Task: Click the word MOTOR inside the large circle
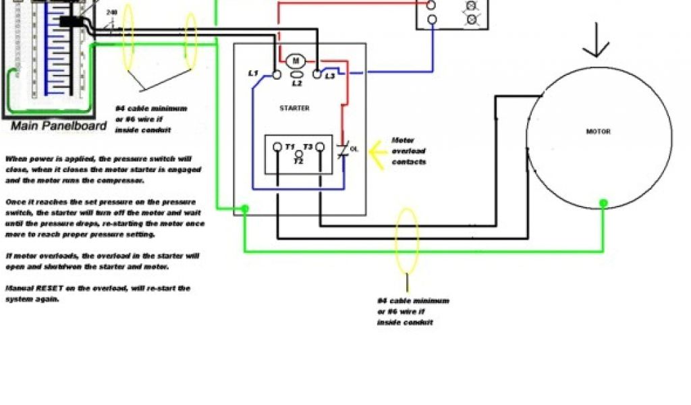click(599, 132)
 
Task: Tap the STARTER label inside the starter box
click(294, 108)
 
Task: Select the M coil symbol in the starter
click(296, 61)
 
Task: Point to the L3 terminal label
click(329, 76)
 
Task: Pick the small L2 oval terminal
click(296, 76)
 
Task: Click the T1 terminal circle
click(277, 146)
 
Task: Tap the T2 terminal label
click(298, 161)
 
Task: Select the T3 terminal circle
click(321, 146)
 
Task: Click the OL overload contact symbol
click(345, 149)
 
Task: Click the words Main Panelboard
click(59, 126)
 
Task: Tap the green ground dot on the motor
click(604, 202)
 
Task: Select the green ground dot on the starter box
click(244, 209)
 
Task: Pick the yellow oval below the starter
click(407, 240)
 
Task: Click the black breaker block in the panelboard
click(70, 22)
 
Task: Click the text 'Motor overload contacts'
click(409, 151)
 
